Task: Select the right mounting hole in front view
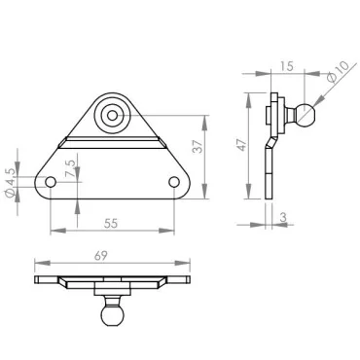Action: coord(174,182)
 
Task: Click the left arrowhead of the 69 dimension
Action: coord(38,265)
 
